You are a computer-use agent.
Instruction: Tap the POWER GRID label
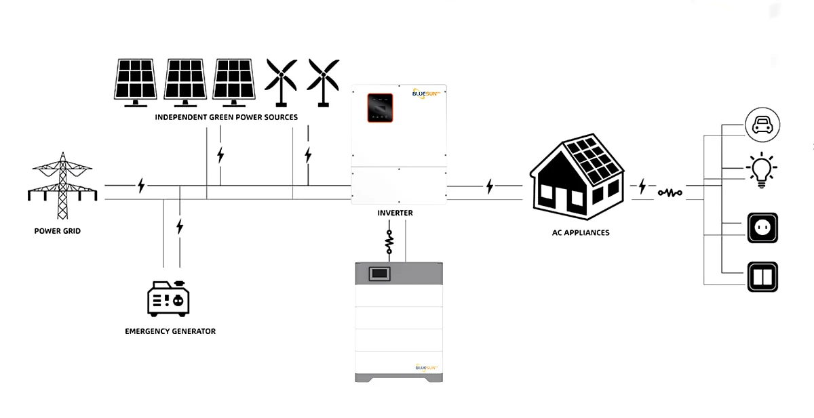point(57,231)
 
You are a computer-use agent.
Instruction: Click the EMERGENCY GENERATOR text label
point(170,331)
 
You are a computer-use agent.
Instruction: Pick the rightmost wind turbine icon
point(324,81)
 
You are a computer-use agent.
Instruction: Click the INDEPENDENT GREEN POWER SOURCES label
point(226,117)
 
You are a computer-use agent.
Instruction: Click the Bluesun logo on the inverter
point(427,94)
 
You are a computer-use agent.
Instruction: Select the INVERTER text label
point(395,213)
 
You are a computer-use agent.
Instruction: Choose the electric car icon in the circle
point(762,125)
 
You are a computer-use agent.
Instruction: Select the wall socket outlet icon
point(762,228)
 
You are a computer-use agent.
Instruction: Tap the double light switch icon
point(762,276)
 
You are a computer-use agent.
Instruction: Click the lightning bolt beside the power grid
point(141,185)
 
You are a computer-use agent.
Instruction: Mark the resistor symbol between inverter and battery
point(389,241)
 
